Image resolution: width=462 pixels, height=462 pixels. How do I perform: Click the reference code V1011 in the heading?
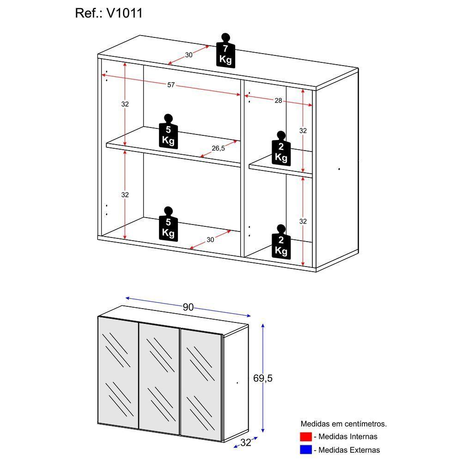click(x=124, y=13)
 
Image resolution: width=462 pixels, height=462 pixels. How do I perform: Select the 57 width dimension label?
click(x=171, y=85)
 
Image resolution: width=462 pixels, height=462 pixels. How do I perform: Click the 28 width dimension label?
click(x=278, y=100)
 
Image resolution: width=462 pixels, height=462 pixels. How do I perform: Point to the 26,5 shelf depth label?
click(x=218, y=148)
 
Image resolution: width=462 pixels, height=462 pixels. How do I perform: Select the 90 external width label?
click(x=188, y=307)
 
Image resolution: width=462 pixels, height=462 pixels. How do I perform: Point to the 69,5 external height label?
click(x=263, y=378)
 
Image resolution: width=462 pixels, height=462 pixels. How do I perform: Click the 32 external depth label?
click(x=245, y=443)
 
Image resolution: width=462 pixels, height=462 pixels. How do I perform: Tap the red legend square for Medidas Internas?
click(x=305, y=437)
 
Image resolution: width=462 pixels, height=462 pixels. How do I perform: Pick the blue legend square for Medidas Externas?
click(x=305, y=450)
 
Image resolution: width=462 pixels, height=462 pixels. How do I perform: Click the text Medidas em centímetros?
click(x=343, y=424)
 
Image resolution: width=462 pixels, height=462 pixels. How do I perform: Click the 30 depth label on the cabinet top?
click(x=188, y=55)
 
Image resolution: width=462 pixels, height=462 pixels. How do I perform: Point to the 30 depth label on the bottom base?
click(x=210, y=240)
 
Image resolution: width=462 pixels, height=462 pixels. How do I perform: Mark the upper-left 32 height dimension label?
click(x=125, y=104)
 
